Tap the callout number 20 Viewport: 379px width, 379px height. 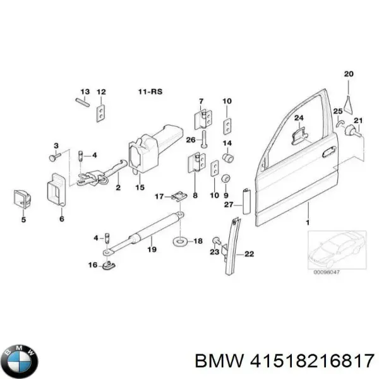tap(347, 74)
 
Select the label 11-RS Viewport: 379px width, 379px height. tap(150, 92)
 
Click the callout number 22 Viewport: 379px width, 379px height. tap(248, 255)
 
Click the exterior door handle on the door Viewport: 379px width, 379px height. tap(328, 152)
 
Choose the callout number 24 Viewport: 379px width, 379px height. tap(299, 117)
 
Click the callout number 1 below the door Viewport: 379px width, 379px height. tap(308, 222)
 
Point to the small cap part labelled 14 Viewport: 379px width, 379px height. tap(231, 156)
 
